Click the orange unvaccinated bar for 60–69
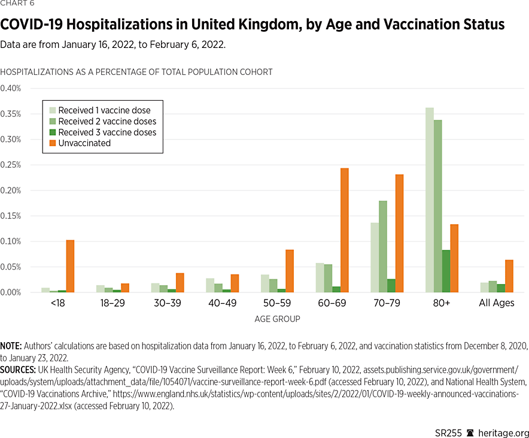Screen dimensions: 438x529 tap(344, 230)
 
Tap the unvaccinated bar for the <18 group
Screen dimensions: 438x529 tap(70, 266)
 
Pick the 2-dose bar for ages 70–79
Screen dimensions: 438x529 tap(382, 246)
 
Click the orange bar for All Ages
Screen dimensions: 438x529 tap(509, 276)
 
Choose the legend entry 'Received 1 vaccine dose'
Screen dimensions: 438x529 tap(104, 110)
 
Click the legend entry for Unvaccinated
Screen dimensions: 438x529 tap(84, 143)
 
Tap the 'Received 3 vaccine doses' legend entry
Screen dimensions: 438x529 tap(107, 132)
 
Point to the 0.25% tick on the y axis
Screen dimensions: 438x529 tap(10, 165)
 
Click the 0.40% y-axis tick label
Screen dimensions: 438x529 tap(10, 88)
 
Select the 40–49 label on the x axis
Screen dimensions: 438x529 tap(221, 303)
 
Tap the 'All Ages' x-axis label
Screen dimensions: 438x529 tap(497, 303)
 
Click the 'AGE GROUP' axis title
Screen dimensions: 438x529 tap(276, 319)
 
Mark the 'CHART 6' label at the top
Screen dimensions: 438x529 tap(17, 4)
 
